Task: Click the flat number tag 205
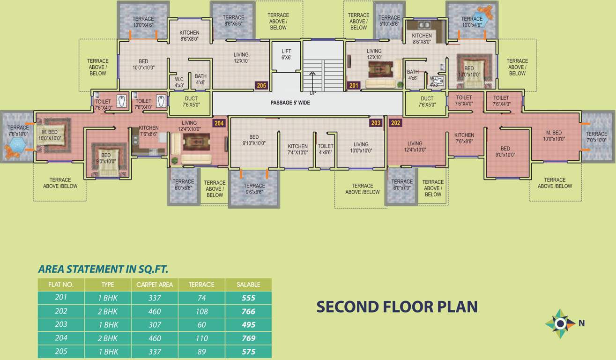(x=261, y=86)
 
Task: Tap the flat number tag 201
(x=353, y=86)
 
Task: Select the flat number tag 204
(x=219, y=123)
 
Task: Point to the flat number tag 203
(x=376, y=123)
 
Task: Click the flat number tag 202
(x=395, y=123)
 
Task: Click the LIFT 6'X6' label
(x=286, y=54)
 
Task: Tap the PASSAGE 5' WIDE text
(x=290, y=103)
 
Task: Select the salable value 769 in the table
(x=248, y=338)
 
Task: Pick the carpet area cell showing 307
(x=155, y=324)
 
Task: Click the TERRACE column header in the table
(x=201, y=285)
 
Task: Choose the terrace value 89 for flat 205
(x=201, y=352)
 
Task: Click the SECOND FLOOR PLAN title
(x=397, y=307)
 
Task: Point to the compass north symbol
(x=560, y=323)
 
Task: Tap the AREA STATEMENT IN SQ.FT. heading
(x=103, y=269)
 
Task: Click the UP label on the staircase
(x=313, y=93)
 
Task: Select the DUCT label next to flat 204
(x=191, y=102)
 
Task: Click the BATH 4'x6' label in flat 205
(x=200, y=79)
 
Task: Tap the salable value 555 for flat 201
(x=248, y=298)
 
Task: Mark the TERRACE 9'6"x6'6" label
(x=254, y=189)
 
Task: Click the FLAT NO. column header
(x=61, y=285)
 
